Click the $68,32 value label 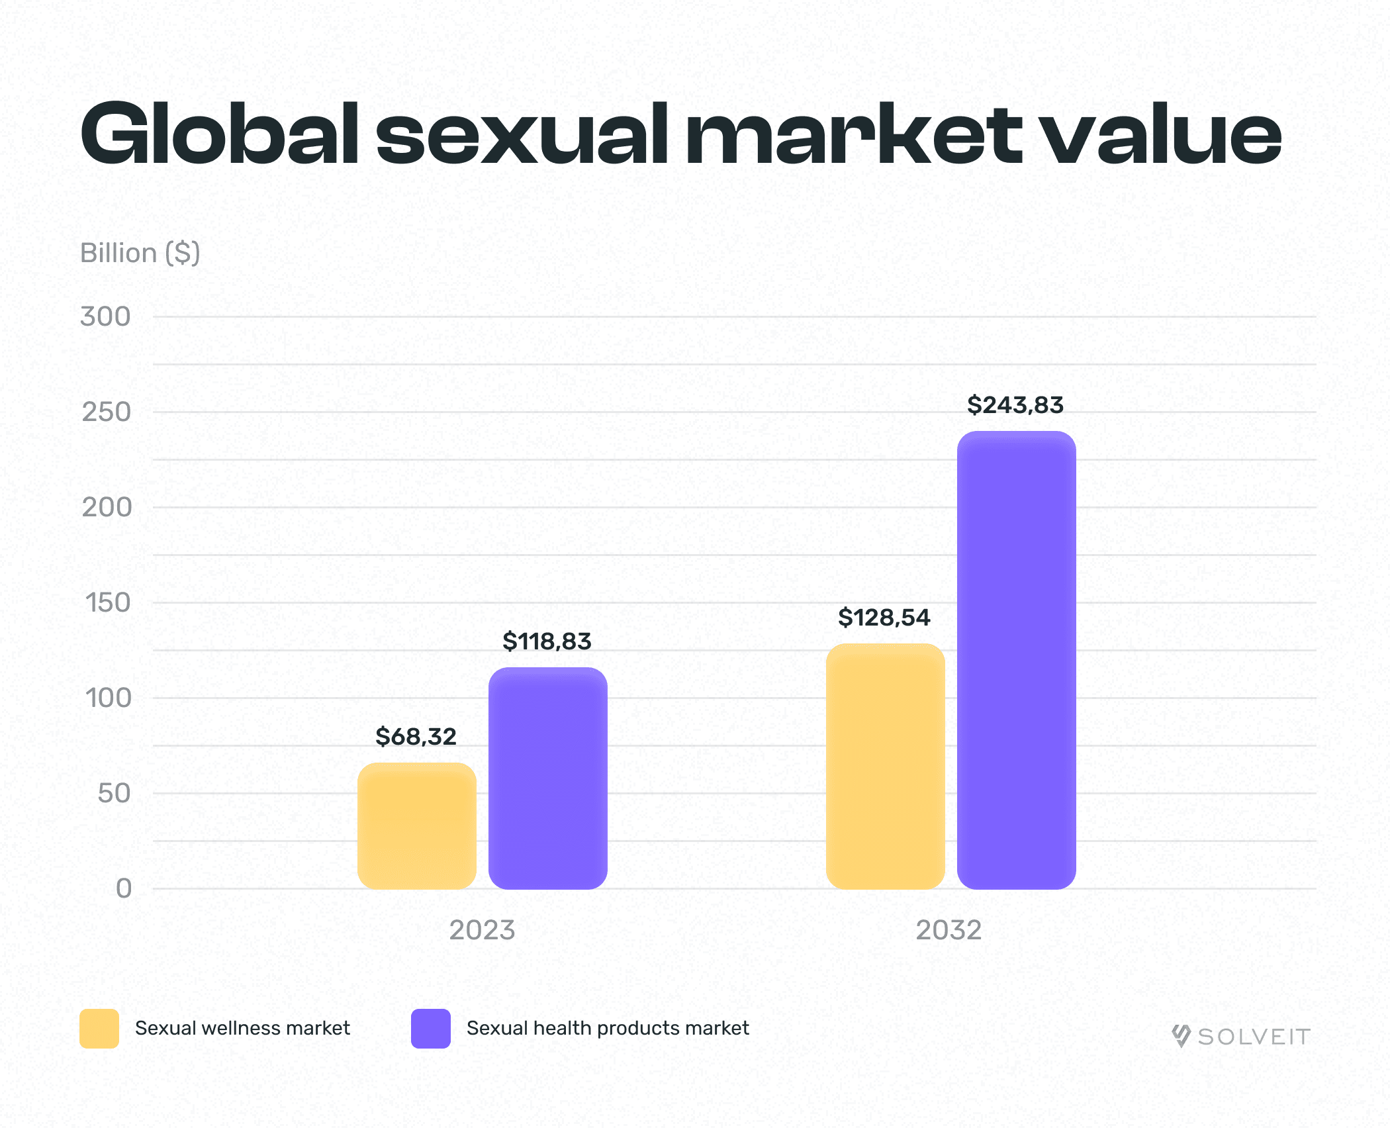416,737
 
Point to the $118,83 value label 547,641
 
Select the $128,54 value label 884,618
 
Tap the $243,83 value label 1015,405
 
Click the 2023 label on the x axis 482,930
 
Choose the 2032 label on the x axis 949,930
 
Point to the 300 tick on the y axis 106,316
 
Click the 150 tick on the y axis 108,602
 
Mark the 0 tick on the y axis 124,888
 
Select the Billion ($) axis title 140,253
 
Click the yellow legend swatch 99,1029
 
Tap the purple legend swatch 431,1029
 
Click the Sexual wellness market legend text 242,1028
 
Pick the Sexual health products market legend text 608,1028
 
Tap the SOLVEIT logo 1241,1036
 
